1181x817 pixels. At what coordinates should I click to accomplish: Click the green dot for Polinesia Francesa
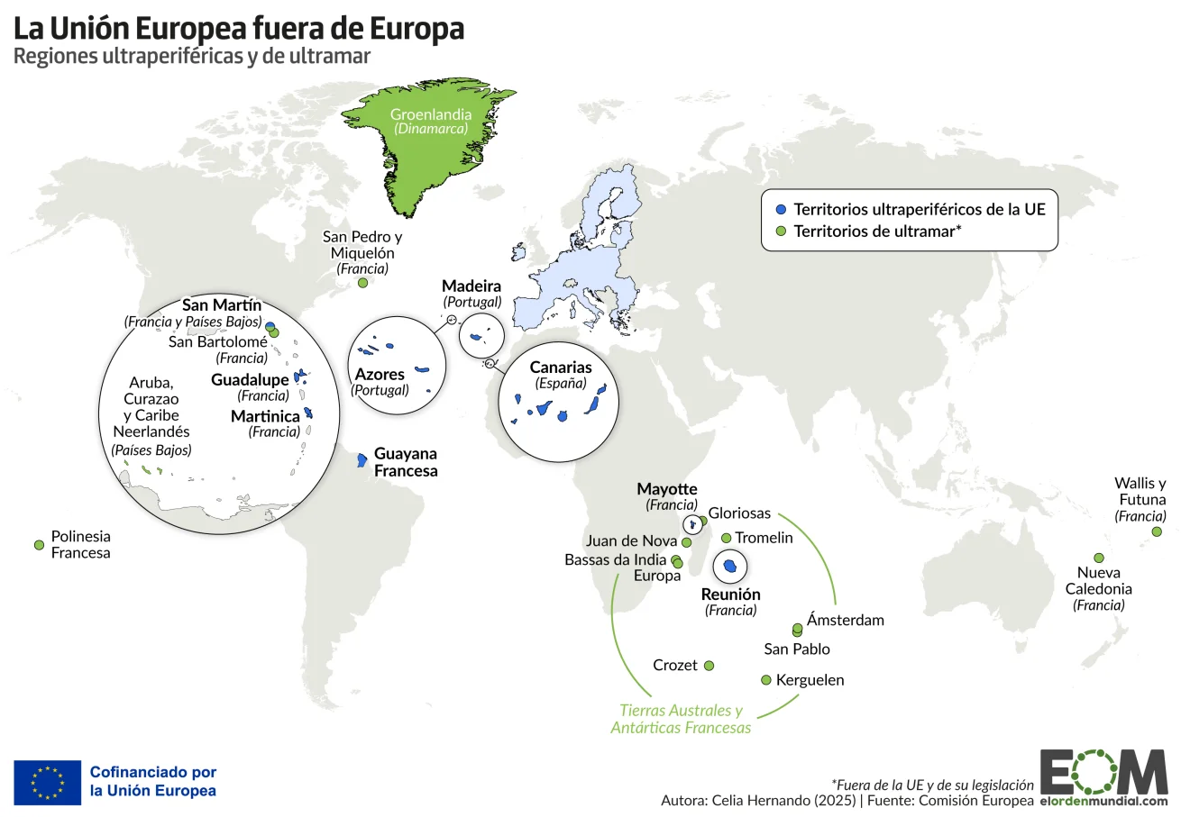tap(39, 545)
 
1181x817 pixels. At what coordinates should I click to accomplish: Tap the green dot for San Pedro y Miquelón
tap(362, 283)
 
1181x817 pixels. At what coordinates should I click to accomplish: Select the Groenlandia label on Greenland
tap(430, 115)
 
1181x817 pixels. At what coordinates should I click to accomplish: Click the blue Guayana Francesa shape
tap(362, 460)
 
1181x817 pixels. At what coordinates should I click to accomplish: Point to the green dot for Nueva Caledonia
tap(1099, 558)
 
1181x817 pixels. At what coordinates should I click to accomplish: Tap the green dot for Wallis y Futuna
tap(1157, 532)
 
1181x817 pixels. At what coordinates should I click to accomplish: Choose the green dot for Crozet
tap(709, 666)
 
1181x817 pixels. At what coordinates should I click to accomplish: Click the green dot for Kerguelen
tap(766, 680)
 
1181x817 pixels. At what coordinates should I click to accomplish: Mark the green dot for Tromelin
tap(727, 538)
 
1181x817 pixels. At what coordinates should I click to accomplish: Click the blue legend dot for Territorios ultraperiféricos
tap(781, 209)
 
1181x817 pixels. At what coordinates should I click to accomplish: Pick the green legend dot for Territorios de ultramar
tap(781, 231)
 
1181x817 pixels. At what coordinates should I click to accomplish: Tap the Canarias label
tap(561, 368)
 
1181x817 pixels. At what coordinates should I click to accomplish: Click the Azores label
tap(380, 375)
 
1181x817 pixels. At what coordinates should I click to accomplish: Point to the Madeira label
tap(471, 286)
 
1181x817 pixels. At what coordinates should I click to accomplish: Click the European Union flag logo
tap(47, 782)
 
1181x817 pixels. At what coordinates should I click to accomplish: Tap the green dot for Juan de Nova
tap(686, 543)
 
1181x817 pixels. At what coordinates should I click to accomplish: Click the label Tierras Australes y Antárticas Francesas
tap(681, 719)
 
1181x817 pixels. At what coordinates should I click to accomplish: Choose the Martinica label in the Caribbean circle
tap(265, 416)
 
